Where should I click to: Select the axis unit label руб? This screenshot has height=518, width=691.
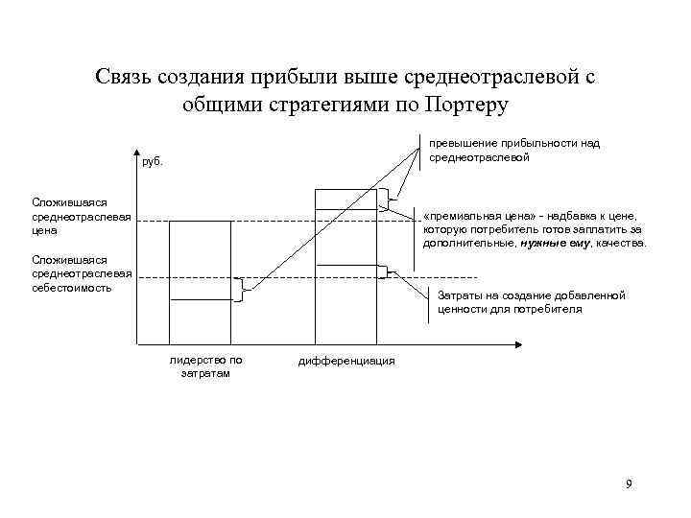[153, 162]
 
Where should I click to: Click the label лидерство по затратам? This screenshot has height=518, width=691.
[205, 366]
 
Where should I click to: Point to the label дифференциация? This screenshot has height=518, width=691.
[346, 361]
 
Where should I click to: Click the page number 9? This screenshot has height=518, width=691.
[629, 483]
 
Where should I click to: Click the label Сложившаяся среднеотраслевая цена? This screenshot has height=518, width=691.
[68, 217]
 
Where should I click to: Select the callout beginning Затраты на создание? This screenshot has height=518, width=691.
[531, 302]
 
